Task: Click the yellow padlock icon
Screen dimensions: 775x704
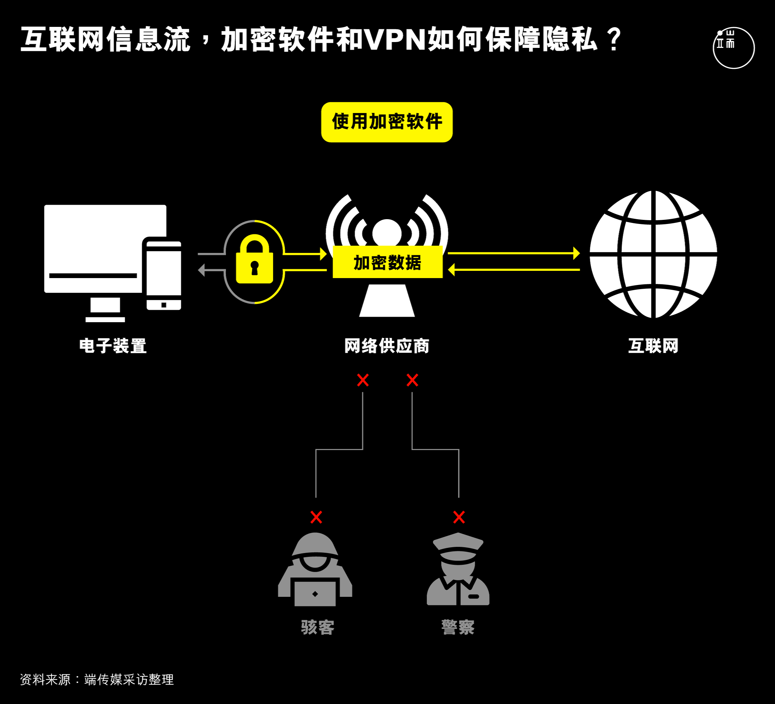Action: [x=255, y=259]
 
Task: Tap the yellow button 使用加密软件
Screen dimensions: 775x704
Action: [x=387, y=122]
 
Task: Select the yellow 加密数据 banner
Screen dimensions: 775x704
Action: [x=387, y=262]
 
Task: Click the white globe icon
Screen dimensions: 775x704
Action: [x=653, y=254]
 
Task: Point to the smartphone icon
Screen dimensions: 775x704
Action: [x=163, y=274]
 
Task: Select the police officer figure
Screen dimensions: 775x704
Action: [x=458, y=569]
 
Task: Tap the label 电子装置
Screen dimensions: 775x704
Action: [x=113, y=346]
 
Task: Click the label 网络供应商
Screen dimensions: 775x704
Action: [x=387, y=346]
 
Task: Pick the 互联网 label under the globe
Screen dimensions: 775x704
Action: [x=653, y=346]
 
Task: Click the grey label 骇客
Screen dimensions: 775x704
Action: [x=318, y=627]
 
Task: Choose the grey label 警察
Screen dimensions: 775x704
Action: [x=458, y=627]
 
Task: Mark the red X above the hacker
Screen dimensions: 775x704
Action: [x=316, y=517]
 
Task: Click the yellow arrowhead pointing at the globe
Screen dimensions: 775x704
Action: [x=577, y=253]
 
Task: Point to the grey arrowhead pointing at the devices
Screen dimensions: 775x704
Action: [x=201, y=270]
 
